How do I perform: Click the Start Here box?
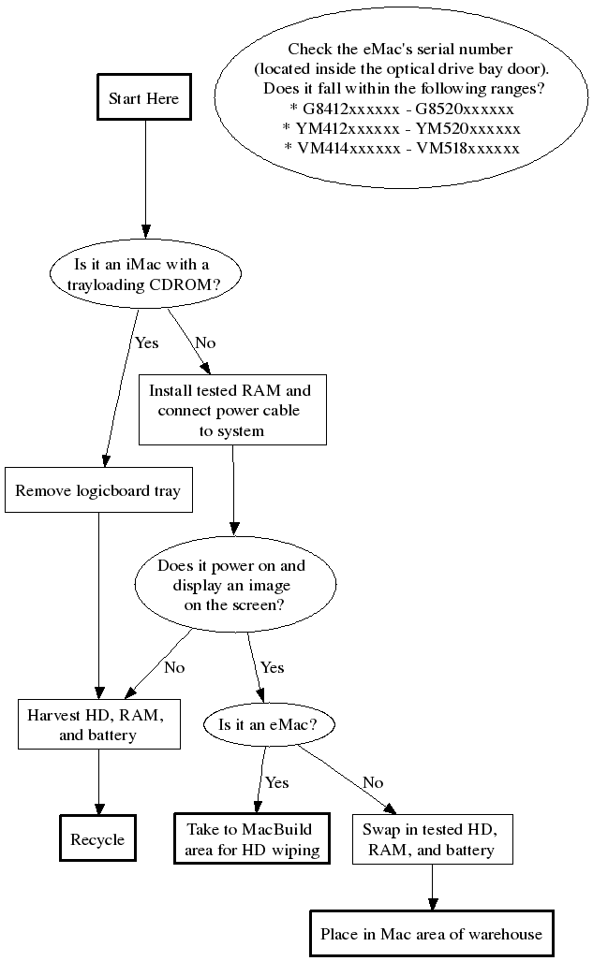(143, 98)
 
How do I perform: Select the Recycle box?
(97, 839)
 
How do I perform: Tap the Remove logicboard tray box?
(98, 490)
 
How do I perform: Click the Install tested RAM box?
(231, 410)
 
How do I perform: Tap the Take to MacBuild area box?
(252, 839)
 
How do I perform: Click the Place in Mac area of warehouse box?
(431, 933)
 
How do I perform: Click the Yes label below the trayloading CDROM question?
(147, 342)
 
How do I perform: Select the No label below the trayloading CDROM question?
(205, 342)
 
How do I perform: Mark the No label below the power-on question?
(174, 667)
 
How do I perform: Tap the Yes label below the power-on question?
(272, 667)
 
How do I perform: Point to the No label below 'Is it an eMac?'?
(373, 781)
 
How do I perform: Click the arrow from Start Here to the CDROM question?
(144, 178)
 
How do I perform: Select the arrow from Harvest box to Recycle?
(98, 781)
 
